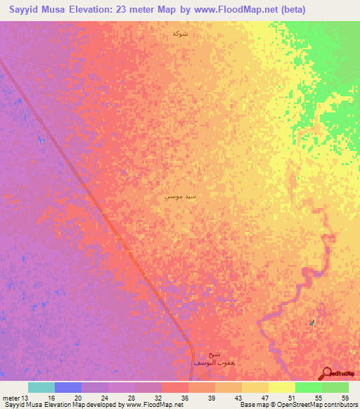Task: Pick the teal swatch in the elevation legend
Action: [41, 387]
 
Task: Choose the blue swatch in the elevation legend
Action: [68, 387]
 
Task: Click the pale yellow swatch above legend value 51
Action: [282, 387]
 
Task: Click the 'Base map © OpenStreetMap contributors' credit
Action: [297, 405]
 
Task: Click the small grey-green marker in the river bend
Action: [312, 323]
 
